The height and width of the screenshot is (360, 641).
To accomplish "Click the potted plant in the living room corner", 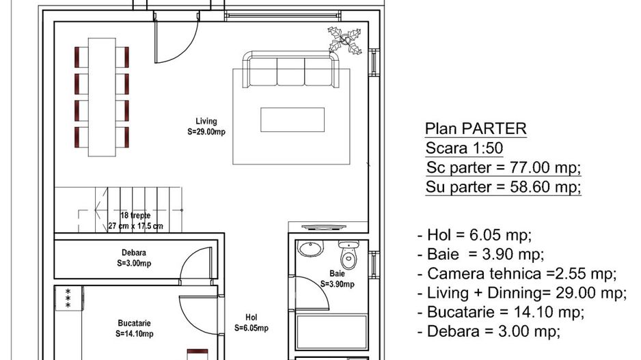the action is (345, 40).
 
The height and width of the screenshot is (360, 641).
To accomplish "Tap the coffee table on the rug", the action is (292, 120).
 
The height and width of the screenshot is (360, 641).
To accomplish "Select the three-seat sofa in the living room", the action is (290, 70).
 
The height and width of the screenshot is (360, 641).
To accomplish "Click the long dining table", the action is (102, 97).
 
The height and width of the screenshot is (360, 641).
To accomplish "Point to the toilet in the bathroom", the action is (349, 253).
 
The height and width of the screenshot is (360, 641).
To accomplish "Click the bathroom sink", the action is (310, 249).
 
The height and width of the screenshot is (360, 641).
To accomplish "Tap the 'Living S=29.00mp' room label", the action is (206, 126).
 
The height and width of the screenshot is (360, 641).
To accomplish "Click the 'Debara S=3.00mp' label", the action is (134, 258).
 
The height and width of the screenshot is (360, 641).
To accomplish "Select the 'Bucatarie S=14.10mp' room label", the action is (134, 328).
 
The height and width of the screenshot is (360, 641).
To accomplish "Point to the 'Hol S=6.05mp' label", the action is (251, 322).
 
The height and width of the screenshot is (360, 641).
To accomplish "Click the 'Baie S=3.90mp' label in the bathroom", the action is (337, 279).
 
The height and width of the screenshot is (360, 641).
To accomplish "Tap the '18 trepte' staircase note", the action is (135, 215).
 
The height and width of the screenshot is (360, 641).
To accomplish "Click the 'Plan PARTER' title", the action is (476, 128).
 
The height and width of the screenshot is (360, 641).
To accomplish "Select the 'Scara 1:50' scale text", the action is (464, 148).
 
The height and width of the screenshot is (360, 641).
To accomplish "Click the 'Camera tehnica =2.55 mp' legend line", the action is (517, 273).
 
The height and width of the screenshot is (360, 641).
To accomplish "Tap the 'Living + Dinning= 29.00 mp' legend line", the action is (521, 292).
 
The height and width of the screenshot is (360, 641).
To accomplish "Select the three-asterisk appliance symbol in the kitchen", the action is (68, 299).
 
